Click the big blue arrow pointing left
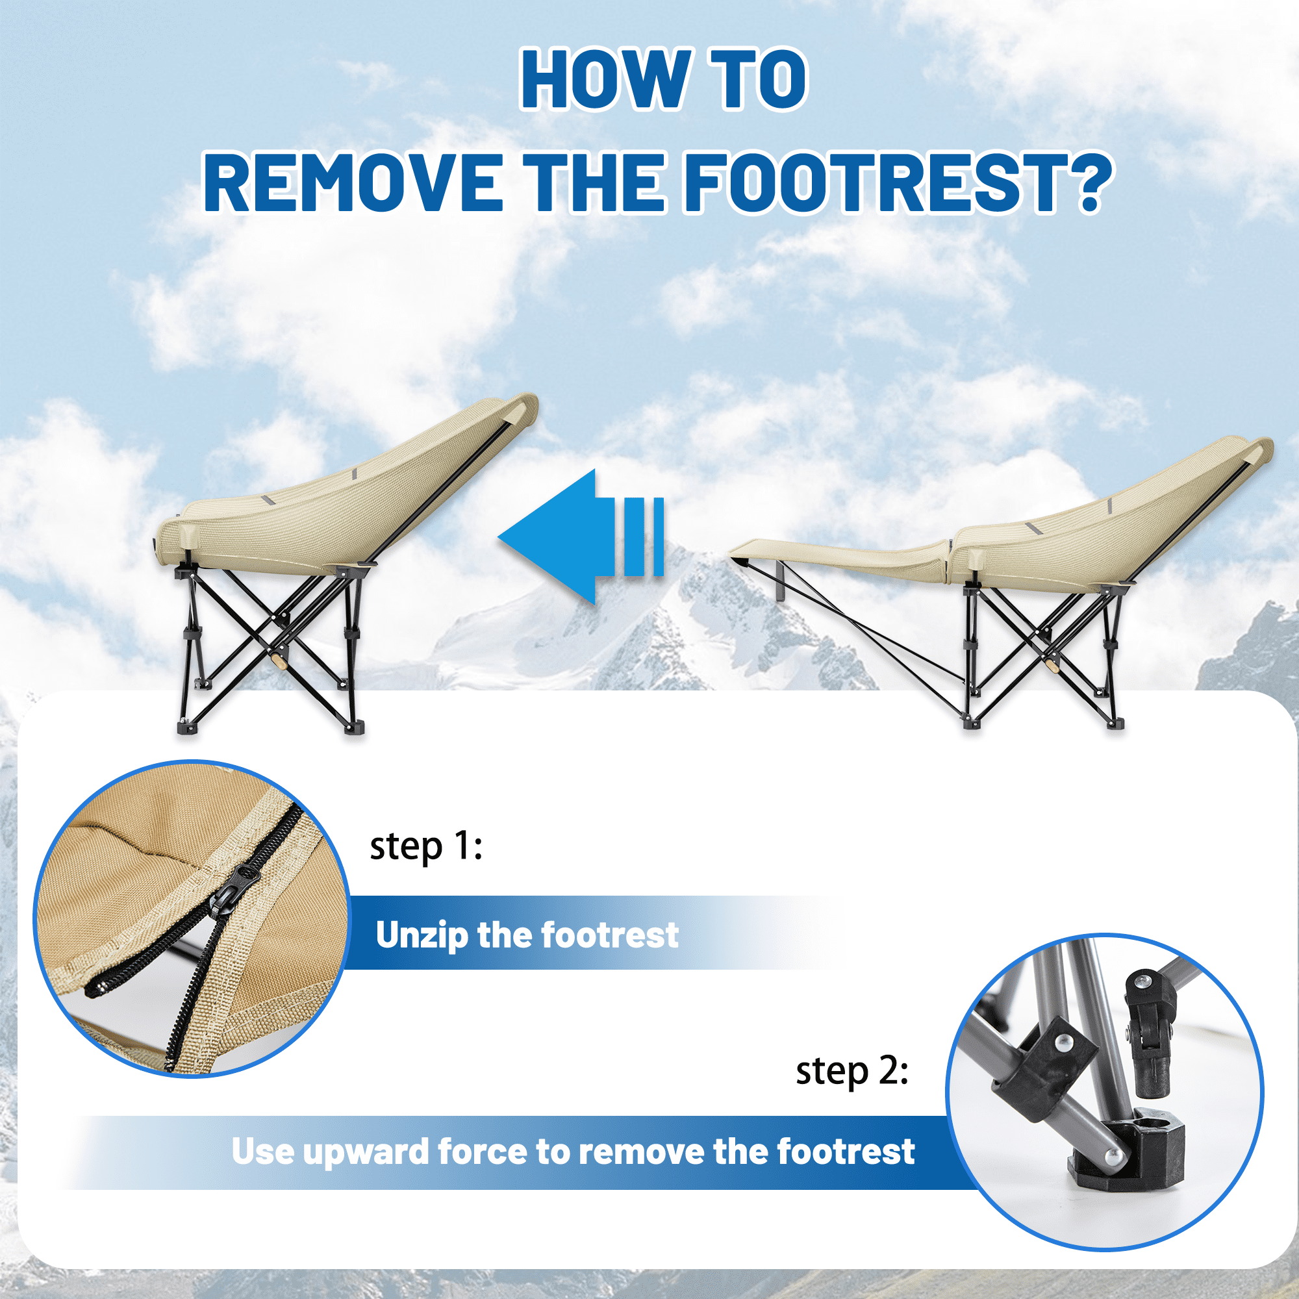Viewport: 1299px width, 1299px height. [x=565, y=536]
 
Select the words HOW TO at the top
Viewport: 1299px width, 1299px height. [x=663, y=79]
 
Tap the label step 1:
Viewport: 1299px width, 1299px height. [x=425, y=846]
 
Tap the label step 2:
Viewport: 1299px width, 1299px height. [x=851, y=1070]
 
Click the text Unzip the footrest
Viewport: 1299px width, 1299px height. [x=527, y=935]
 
